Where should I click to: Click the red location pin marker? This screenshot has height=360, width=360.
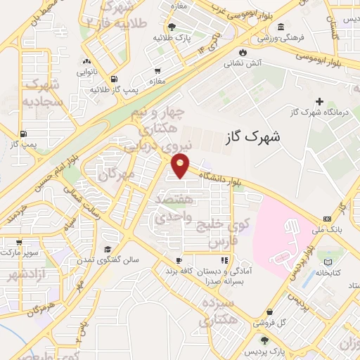coord(181,166)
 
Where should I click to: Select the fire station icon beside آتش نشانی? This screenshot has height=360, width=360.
coord(243,52)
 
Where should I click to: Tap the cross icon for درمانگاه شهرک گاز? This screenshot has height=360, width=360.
coord(320,102)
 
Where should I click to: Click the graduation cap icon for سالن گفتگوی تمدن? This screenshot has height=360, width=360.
coord(108,249)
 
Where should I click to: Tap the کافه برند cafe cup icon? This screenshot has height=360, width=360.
coord(179,259)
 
